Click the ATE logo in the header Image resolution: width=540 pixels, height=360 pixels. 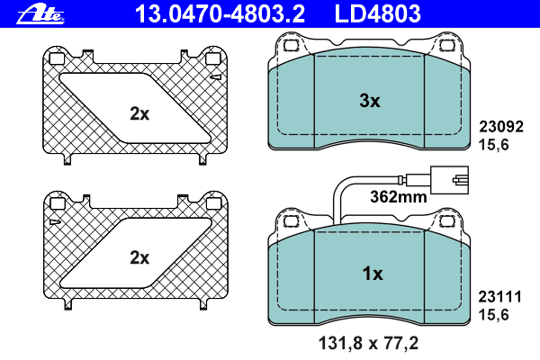(40, 14)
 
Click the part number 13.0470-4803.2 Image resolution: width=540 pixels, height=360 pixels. (220, 14)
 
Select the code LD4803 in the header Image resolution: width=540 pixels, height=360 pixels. (377, 14)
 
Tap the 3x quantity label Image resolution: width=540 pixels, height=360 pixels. (370, 101)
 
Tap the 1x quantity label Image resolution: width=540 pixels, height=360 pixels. (373, 274)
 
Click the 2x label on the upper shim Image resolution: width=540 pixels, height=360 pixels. (139, 113)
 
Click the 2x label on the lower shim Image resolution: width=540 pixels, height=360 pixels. (139, 257)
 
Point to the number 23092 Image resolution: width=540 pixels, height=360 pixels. (501, 127)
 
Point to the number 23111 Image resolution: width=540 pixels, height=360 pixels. (500, 297)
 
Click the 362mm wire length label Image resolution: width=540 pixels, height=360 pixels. (399, 197)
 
